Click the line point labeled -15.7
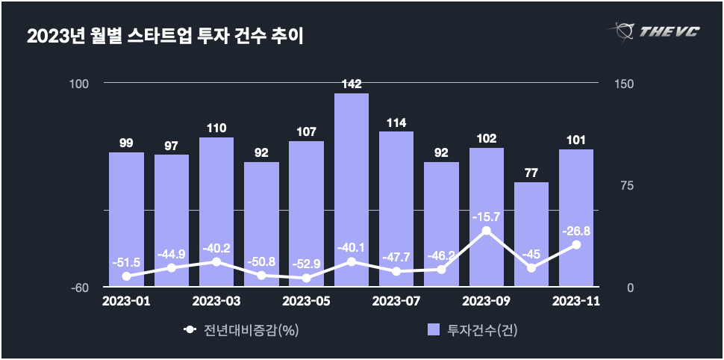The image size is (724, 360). click(x=486, y=231)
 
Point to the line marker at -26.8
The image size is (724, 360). click(x=576, y=244)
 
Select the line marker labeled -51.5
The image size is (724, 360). click(x=126, y=276)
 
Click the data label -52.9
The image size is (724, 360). click(x=306, y=263)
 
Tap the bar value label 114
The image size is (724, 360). click(x=396, y=122)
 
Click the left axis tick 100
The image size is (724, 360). click(x=79, y=84)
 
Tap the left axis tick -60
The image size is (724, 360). click(x=81, y=288)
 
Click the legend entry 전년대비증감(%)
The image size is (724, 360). click(x=242, y=329)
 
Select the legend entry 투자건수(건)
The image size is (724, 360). click(x=472, y=329)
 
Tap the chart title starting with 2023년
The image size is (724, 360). click(x=165, y=35)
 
